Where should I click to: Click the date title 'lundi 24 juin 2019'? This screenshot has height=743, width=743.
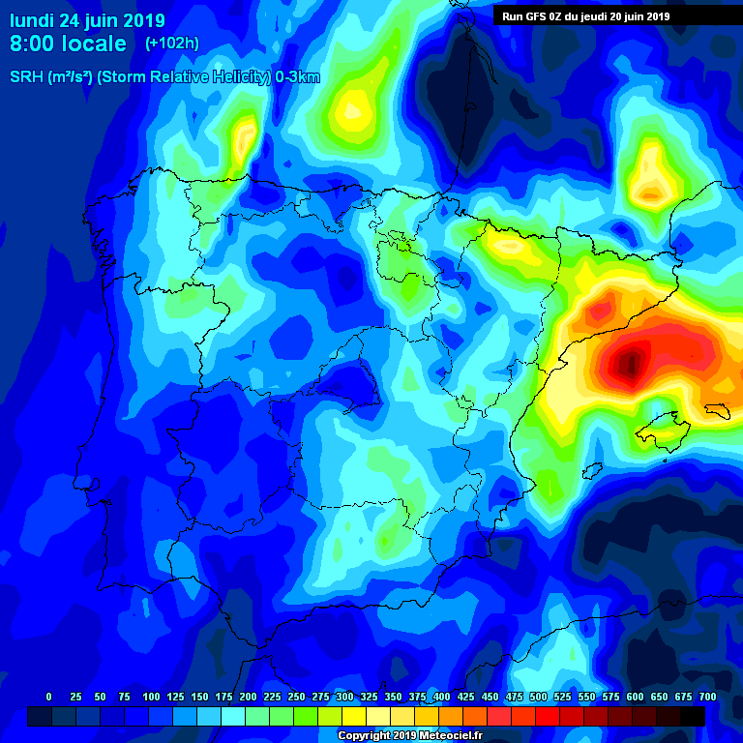88,20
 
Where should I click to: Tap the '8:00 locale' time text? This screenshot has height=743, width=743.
68,44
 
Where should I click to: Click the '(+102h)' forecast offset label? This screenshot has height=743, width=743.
171,44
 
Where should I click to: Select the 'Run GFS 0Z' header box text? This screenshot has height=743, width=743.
586,16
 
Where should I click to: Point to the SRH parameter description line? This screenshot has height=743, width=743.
164,77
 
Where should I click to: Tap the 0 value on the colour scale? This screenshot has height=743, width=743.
48,697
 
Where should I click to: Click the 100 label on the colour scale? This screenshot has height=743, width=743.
150,697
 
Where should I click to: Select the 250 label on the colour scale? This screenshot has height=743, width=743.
296,697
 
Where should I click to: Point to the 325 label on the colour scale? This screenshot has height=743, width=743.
369,697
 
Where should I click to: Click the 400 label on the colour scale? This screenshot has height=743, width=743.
442,697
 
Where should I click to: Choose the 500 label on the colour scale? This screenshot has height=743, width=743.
539,697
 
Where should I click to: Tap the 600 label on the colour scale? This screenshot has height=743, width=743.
636,697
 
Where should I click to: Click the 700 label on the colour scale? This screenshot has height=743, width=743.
708,697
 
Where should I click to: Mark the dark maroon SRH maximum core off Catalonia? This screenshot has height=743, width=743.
630,365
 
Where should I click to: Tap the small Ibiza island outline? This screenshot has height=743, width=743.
587,471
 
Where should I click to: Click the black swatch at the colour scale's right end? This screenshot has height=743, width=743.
692,716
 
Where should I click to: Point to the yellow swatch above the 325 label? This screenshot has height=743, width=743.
354,716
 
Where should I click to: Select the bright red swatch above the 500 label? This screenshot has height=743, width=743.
523,716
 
